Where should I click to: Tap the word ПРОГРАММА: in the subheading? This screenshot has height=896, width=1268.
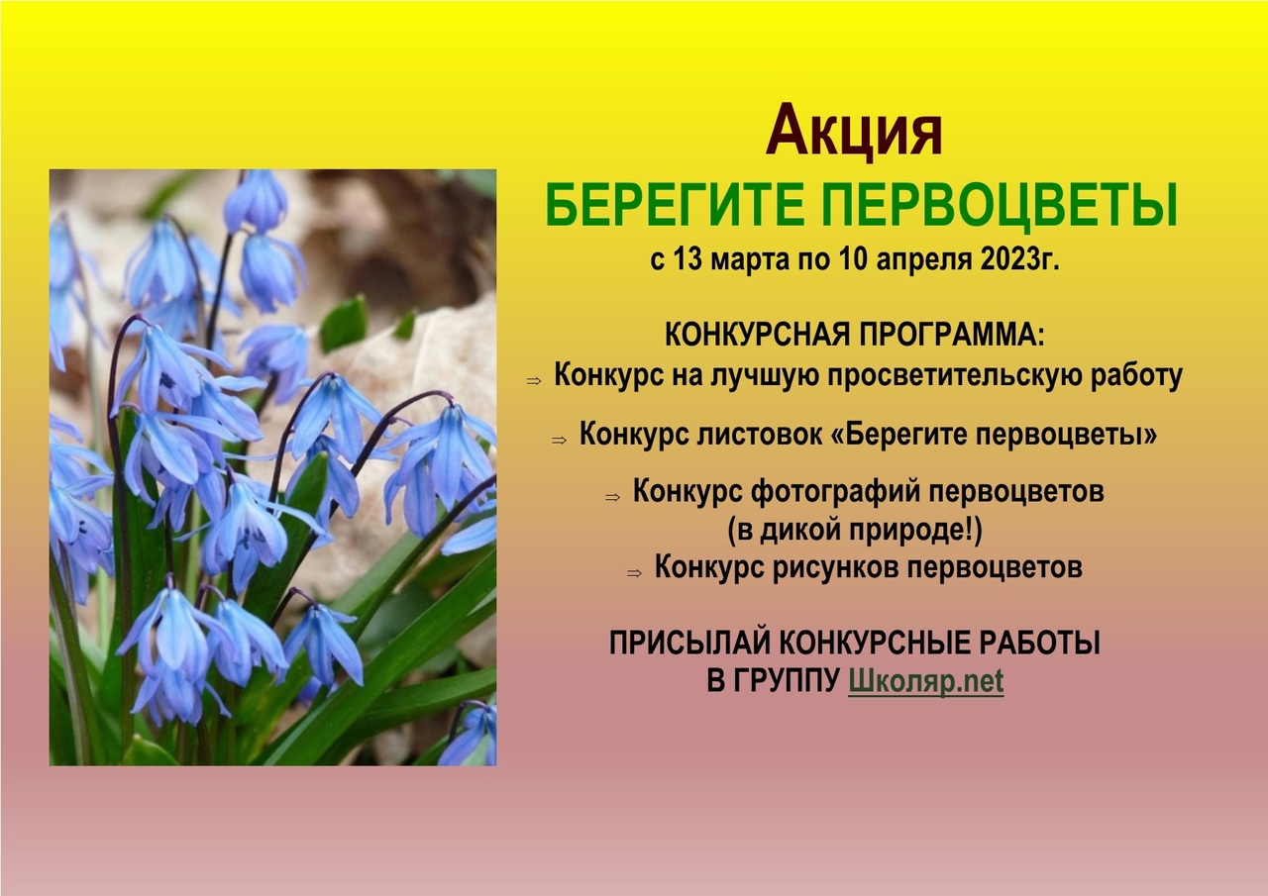952,335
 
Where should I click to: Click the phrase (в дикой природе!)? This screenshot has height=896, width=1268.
855,530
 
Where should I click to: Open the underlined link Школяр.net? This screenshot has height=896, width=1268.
926,681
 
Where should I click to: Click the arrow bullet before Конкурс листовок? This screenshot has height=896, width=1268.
560,440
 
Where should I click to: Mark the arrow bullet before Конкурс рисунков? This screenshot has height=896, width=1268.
635,573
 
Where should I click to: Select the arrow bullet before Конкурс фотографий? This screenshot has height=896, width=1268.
612,497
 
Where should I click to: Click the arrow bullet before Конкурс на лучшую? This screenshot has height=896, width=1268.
534,381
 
